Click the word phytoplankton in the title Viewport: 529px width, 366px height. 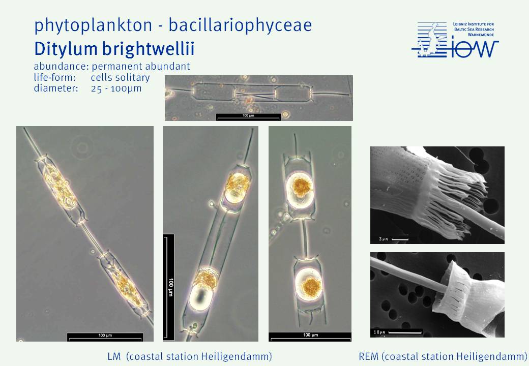(x=93, y=25)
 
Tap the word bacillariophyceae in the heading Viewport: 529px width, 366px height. (x=240, y=25)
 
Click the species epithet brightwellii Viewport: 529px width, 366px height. (x=148, y=49)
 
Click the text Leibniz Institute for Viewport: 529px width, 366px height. (x=474, y=24)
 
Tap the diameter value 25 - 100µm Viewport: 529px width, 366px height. (x=116, y=88)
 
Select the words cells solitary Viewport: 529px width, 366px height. (x=120, y=77)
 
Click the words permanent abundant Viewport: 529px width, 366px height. (x=141, y=67)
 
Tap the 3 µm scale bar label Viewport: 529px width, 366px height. (x=383, y=239)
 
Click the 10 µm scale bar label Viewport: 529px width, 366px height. (x=379, y=332)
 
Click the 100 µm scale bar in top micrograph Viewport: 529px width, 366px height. (x=248, y=116)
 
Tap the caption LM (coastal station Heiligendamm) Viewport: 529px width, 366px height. (x=190, y=356)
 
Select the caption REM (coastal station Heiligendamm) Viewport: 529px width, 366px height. (x=443, y=356)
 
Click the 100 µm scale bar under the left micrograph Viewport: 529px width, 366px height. (x=105, y=337)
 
